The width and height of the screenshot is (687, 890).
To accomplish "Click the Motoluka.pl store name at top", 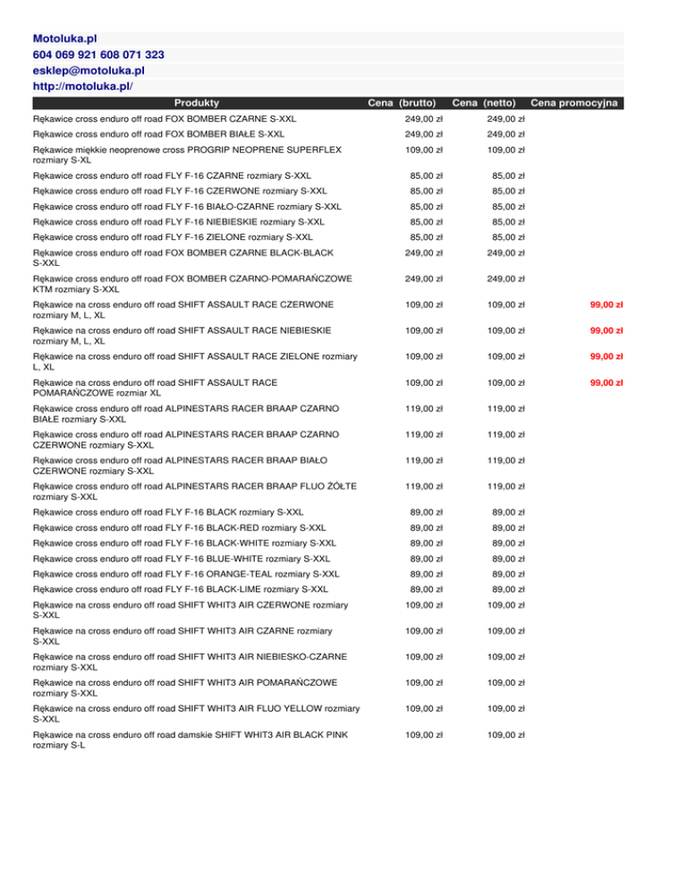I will pyautogui.click(x=64, y=39).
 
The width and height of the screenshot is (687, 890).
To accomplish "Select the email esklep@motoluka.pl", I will pyautogui.click(x=89, y=70).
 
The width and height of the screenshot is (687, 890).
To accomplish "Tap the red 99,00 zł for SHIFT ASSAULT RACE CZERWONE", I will pyautogui.click(x=606, y=304).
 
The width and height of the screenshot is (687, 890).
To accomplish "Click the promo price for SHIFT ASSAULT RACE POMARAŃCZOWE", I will pyautogui.click(x=606, y=382).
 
